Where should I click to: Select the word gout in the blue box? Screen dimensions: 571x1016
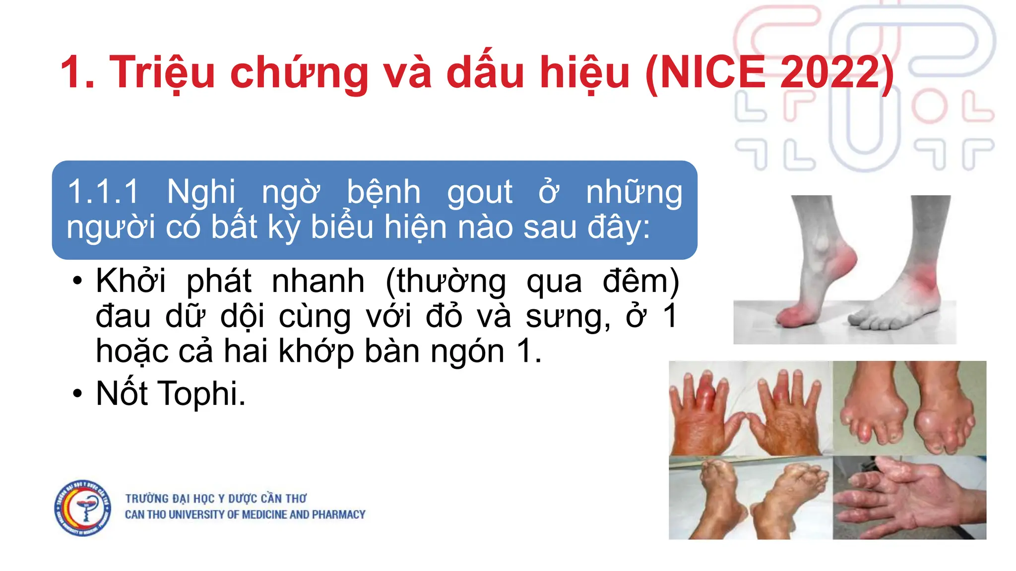[x=479, y=192]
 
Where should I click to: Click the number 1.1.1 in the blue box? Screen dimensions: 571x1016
[x=103, y=192]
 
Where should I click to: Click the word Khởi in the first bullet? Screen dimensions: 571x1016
[x=130, y=281]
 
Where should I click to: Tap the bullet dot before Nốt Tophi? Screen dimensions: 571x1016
[x=77, y=394]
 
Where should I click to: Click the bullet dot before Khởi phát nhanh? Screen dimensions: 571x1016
[x=77, y=281]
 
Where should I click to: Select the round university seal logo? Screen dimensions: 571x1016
[x=83, y=508]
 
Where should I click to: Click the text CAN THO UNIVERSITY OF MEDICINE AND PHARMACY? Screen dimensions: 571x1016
[x=245, y=515]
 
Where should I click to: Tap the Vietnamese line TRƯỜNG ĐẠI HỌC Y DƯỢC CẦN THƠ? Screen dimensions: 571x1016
[x=216, y=498]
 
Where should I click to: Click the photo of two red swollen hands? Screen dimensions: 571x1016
[x=750, y=408]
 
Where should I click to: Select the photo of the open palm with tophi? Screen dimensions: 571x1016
[x=909, y=498]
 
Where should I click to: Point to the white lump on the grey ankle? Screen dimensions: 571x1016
[x=821, y=243]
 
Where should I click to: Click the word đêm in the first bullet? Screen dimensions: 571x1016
[x=640, y=281]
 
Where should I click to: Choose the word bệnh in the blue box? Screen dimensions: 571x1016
[x=383, y=192]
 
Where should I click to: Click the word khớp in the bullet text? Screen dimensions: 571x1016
[x=316, y=351]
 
